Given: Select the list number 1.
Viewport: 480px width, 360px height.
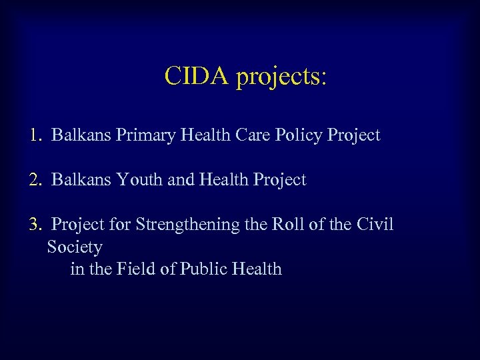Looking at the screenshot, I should tap(36, 135).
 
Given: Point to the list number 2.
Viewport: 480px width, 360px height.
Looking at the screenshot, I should tap(36, 180).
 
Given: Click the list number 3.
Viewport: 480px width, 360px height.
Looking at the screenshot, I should tap(36, 225).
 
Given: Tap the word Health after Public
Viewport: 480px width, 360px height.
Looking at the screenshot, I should tap(257, 269).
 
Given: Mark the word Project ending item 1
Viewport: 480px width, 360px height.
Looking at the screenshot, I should tap(353, 136).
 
